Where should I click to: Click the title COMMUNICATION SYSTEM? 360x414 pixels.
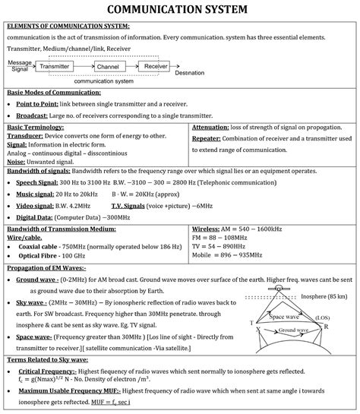pos(180,10)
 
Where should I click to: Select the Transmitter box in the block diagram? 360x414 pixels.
pos(59,67)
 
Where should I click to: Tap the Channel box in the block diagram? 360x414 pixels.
pos(108,67)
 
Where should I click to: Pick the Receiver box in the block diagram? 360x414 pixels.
pos(156,67)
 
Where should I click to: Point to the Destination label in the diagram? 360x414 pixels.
pos(188,74)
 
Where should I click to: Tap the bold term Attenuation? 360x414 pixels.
pos(216,126)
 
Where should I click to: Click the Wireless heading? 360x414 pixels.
pos(207,228)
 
